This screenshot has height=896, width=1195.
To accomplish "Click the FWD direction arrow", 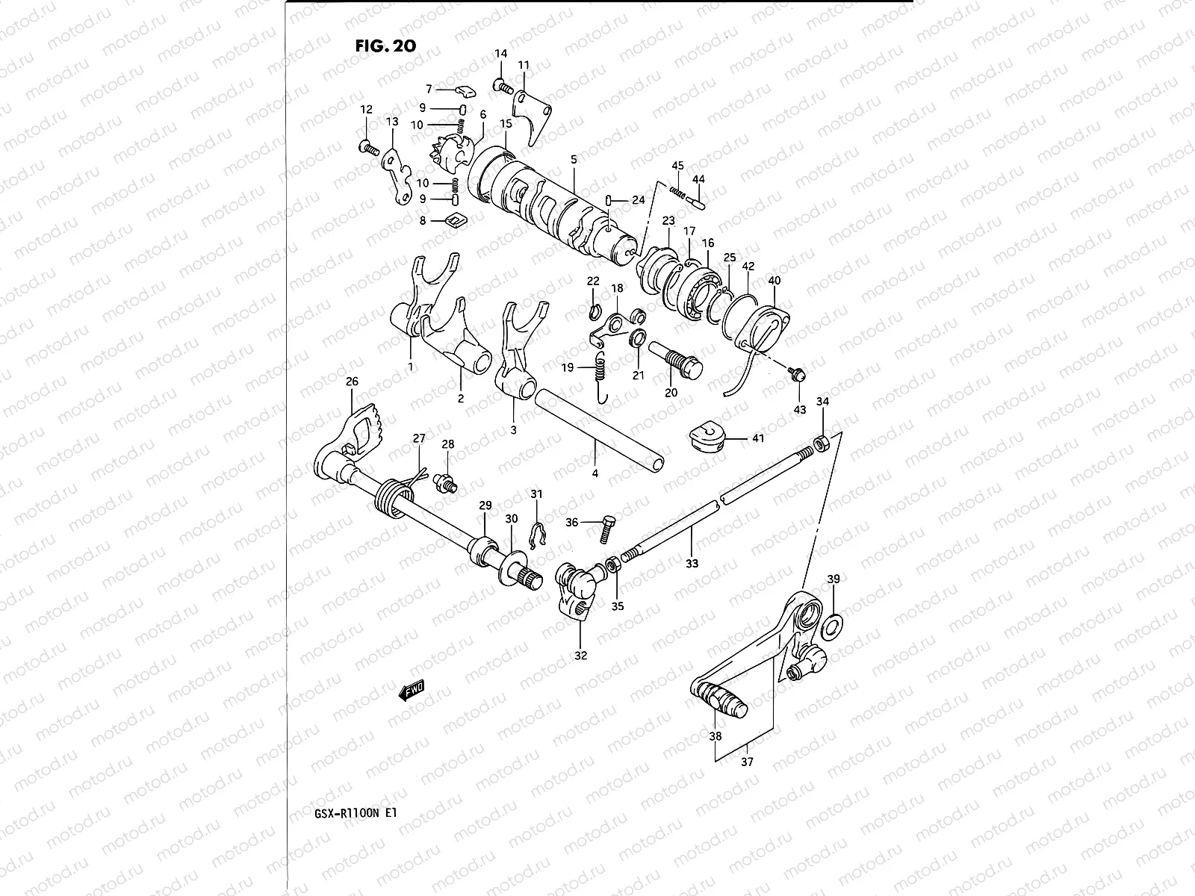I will pos(412,690).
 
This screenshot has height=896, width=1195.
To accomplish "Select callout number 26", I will pos(352,382).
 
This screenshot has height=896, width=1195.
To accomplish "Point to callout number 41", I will pos(758,438).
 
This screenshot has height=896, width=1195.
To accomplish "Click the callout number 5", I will pos(574,160).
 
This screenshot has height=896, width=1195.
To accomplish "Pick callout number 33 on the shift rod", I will pos(692,564).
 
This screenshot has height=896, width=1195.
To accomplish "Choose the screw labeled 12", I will pos(368,149).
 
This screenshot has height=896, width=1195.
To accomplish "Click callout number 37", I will pos(747,762).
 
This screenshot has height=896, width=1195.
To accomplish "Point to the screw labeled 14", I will pos(504,88).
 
